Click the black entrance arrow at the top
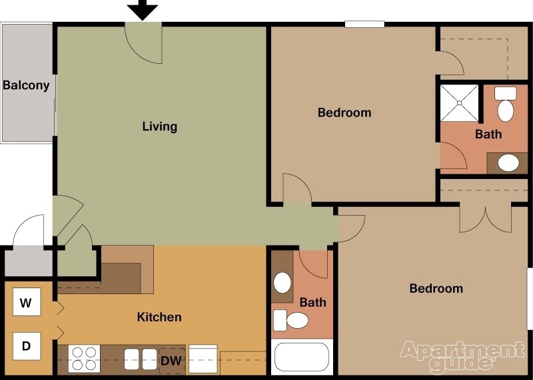(x=143, y=9)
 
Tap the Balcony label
(x=26, y=85)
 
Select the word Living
(x=160, y=126)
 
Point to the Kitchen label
(x=159, y=317)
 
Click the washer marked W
(x=26, y=303)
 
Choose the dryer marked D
(x=26, y=345)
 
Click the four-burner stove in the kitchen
(x=85, y=358)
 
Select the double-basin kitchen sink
(x=140, y=358)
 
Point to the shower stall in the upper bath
(x=460, y=103)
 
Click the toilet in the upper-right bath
(x=506, y=104)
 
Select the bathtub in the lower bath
(x=302, y=357)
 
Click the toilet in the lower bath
(x=292, y=321)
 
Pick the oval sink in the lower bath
(x=283, y=283)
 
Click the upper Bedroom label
(x=344, y=112)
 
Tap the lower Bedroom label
(x=436, y=288)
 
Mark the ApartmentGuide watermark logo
(x=462, y=355)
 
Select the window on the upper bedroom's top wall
(x=364, y=25)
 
